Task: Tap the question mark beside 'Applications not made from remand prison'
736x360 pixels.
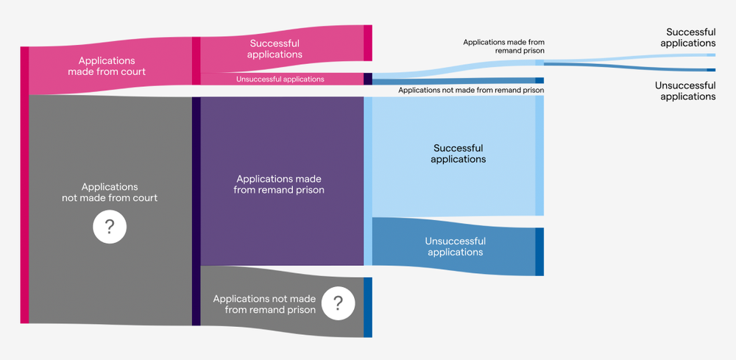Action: click(x=338, y=303)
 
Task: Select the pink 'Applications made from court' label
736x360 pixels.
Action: click(x=107, y=66)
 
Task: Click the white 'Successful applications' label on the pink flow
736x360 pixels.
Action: click(x=275, y=49)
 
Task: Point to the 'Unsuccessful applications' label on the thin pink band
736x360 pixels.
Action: click(x=280, y=79)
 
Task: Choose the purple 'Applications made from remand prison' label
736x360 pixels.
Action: click(x=279, y=184)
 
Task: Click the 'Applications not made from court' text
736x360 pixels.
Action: click(x=110, y=192)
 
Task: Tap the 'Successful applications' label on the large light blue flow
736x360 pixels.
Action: click(x=458, y=153)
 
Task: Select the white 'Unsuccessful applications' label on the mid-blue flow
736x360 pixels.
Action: click(x=455, y=247)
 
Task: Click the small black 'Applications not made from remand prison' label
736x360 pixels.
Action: click(x=471, y=90)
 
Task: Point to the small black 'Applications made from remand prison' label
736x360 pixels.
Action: click(x=503, y=47)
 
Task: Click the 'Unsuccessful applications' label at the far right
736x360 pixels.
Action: click(x=684, y=91)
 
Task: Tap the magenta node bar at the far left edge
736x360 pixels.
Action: click(x=24, y=184)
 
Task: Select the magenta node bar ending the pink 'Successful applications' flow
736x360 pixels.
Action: click(x=368, y=43)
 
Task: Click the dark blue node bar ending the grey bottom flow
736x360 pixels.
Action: click(x=368, y=307)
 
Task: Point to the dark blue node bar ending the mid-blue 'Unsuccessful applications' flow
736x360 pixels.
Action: click(x=539, y=252)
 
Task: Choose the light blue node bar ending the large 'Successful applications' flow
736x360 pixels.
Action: click(x=539, y=155)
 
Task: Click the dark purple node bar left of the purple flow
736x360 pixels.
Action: click(x=197, y=211)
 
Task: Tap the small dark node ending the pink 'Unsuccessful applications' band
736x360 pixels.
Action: click(x=368, y=79)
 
